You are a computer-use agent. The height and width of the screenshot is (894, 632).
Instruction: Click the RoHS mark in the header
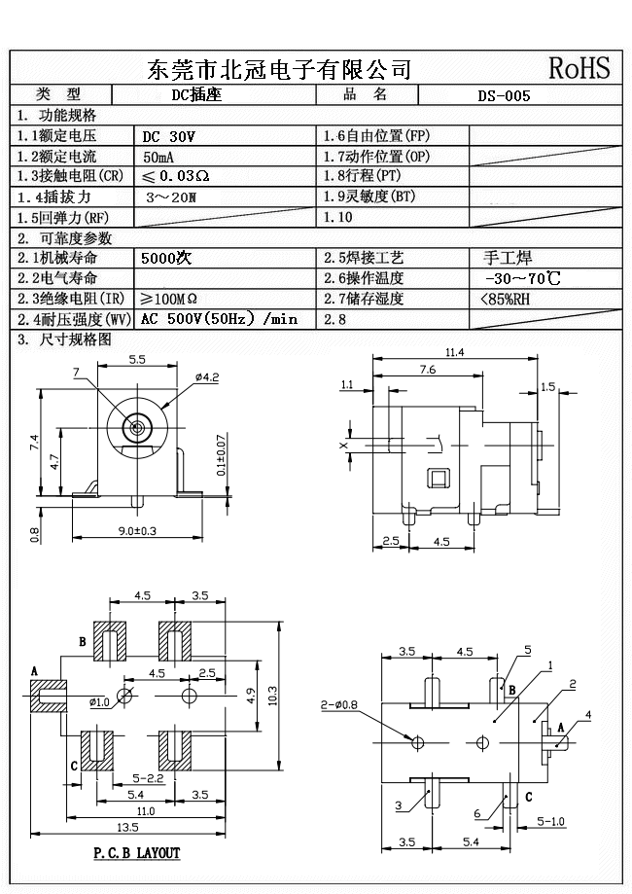tap(579, 68)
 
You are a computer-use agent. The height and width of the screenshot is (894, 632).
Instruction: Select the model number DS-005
tap(504, 95)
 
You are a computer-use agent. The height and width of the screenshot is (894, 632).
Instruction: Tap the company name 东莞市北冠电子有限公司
tap(278, 69)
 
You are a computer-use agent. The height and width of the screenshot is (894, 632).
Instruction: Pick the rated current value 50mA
tap(159, 157)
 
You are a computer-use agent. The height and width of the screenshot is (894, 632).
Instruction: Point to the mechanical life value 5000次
tap(166, 259)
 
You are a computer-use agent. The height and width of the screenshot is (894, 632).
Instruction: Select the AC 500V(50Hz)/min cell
tap(220, 319)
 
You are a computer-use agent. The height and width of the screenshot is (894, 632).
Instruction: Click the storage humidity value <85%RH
tap(506, 299)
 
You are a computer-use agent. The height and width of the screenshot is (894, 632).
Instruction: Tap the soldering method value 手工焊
tap(507, 259)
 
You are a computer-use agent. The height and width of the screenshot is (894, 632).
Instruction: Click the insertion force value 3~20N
tap(170, 197)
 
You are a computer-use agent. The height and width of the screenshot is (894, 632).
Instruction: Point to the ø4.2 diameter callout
tap(207, 376)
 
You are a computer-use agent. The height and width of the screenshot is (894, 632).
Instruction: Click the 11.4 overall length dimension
tap(454, 352)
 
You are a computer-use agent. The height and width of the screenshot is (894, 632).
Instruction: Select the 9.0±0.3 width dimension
tap(137, 530)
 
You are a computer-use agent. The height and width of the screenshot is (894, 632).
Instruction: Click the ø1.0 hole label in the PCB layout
tap(98, 701)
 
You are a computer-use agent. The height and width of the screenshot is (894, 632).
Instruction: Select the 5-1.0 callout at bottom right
tap(551, 822)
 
